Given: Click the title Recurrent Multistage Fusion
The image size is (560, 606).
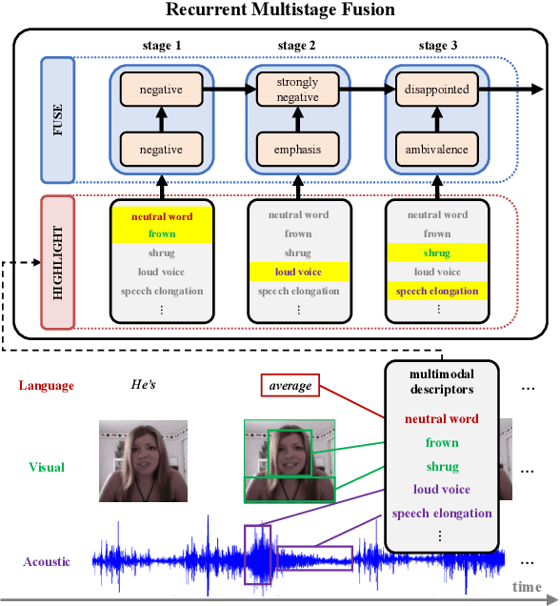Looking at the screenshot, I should click(280, 10).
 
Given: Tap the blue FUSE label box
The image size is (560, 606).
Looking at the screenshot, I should click(57, 120).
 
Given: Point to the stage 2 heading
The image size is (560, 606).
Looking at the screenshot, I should click(297, 46).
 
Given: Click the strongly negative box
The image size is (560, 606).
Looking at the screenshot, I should click(297, 89).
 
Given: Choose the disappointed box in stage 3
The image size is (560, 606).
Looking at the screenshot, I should click(437, 90).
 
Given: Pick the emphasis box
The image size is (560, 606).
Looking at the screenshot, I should click(297, 150).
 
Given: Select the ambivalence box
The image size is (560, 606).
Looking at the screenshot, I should click(437, 150).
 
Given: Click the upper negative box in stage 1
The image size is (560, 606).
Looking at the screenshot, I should click(160, 90).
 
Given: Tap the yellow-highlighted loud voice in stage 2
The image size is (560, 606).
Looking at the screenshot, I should click(297, 272).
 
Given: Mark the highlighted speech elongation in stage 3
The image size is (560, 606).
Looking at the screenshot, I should click(437, 291).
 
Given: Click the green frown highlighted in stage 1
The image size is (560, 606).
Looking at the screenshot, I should click(160, 233).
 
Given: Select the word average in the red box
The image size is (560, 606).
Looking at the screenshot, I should click(290, 386).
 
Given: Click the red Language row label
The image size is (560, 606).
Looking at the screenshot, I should click(47, 385).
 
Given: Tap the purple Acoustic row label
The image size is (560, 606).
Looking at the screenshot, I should click(47, 562).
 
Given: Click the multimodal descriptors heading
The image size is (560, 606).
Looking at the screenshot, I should click(441, 381).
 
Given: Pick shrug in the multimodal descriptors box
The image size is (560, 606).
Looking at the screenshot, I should click(442, 466).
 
